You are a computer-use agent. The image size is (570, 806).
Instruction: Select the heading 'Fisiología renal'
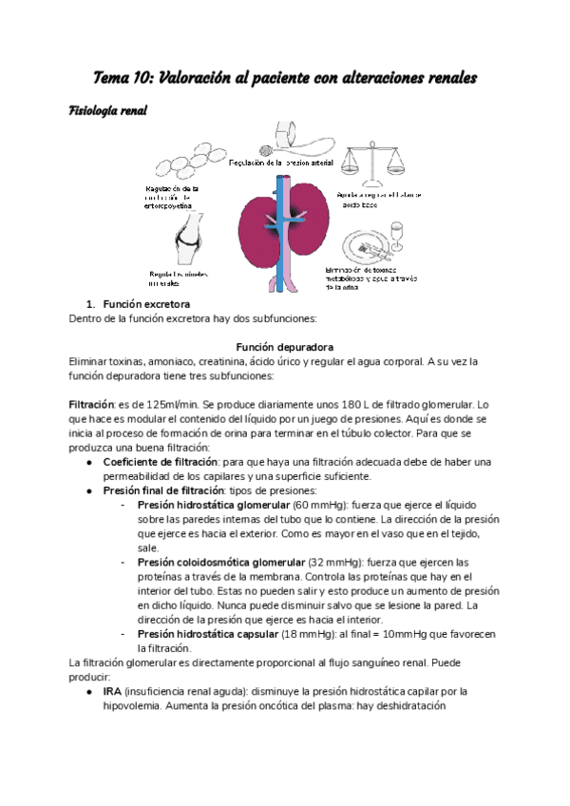coord(107,111)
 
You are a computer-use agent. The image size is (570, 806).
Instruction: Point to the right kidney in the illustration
coord(309,232)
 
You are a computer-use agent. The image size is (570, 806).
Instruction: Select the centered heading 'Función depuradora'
coord(284,347)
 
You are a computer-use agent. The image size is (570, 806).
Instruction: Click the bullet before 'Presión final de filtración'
coord(88,491)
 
